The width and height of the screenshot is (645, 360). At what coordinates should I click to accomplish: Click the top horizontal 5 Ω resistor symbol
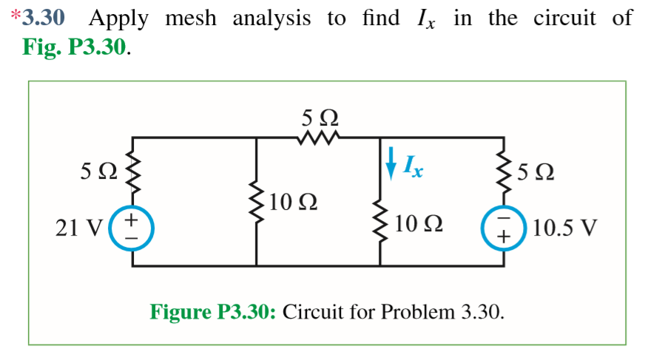319,137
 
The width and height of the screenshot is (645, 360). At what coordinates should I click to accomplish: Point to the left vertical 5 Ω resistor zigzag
133,174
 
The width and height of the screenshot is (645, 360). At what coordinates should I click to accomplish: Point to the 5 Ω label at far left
98,174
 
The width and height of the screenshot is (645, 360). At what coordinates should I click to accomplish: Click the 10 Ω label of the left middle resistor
294,201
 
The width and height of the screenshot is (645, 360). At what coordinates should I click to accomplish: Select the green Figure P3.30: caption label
213,310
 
